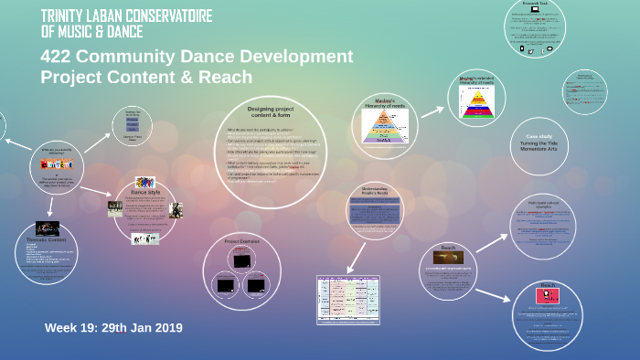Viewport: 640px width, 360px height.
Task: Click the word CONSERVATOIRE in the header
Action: click(x=166, y=16)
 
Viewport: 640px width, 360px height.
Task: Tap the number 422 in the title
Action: click(x=57, y=57)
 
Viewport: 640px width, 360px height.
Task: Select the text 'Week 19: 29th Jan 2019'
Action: click(x=113, y=328)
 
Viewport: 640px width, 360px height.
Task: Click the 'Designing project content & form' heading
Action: click(x=272, y=113)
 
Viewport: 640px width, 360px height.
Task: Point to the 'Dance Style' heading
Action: click(x=144, y=193)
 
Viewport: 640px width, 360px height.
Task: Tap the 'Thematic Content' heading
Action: click(x=47, y=239)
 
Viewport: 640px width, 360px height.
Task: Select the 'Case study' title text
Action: click(x=539, y=136)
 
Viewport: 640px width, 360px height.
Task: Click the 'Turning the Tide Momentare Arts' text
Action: click(x=539, y=149)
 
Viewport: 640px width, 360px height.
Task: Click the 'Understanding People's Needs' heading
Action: click(x=374, y=190)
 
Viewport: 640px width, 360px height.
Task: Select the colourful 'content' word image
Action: click(x=57, y=164)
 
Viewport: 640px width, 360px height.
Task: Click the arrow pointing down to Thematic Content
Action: click(x=49, y=207)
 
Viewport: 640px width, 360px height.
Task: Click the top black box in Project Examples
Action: click(x=242, y=261)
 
